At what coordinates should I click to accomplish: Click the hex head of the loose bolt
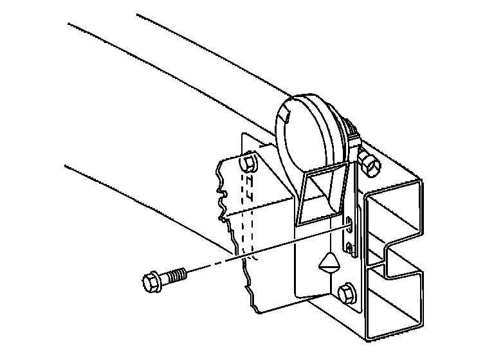(x=149, y=281)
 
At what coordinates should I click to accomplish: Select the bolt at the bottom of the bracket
(x=345, y=293)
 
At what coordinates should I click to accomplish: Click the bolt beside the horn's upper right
(x=370, y=164)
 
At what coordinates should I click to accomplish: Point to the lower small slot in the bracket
(x=348, y=248)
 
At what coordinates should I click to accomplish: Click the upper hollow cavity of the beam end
(x=394, y=219)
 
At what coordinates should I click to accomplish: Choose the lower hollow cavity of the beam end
(x=396, y=302)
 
